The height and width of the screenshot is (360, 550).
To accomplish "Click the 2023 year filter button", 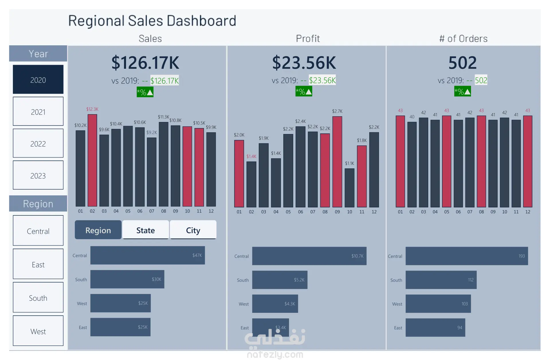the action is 38,175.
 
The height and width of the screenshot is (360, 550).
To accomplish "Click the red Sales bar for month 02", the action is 92,160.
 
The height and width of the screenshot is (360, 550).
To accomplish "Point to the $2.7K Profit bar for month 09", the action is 337,162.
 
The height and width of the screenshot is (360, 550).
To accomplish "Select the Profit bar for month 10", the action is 349,188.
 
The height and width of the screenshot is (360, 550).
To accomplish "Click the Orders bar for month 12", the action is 528,162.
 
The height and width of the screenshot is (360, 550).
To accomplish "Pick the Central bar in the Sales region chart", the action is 148,255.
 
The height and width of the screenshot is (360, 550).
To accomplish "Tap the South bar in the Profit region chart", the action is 280,280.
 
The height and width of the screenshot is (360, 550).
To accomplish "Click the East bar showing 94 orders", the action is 435,328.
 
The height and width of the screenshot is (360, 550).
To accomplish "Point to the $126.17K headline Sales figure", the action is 145,63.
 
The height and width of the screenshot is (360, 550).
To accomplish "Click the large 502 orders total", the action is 463,63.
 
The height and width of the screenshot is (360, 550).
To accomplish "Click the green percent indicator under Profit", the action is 304,92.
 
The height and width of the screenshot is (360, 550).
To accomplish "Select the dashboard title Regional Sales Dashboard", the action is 152,21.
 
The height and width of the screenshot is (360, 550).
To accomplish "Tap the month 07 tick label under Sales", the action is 152,211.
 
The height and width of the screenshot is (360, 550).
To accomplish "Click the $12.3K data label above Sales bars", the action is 92,109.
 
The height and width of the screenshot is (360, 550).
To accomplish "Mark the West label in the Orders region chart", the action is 397,304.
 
